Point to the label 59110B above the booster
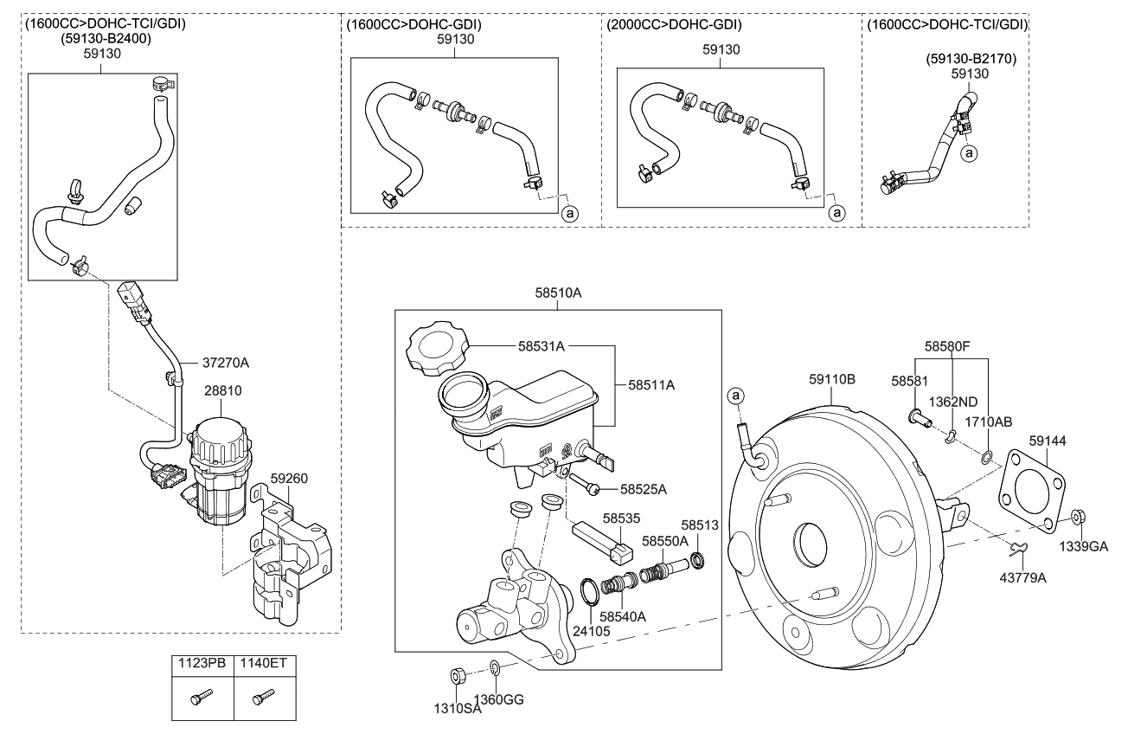point(832,377)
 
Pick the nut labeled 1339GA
point(1077,517)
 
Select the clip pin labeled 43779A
point(1020,547)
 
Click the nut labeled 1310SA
point(457,675)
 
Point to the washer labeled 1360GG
point(495,668)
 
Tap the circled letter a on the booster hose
point(735,396)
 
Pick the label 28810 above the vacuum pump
point(223,391)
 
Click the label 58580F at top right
point(946,345)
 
